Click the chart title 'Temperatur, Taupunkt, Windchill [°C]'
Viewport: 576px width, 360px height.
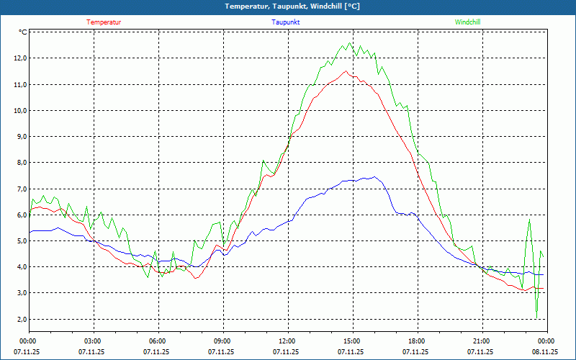tap(292, 6)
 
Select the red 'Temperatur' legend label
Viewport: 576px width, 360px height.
tap(104, 22)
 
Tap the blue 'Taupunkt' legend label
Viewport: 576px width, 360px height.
tap(286, 22)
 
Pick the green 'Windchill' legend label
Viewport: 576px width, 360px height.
tap(467, 22)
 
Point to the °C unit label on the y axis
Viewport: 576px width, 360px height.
tap(23, 32)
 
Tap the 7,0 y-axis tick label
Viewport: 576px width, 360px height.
tap(19, 189)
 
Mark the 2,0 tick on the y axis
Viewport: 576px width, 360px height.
tap(19, 319)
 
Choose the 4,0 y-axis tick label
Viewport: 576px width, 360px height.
tap(19, 267)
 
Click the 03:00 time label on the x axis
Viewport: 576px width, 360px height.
tap(93, 341)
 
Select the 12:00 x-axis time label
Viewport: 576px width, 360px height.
tap(287, 341)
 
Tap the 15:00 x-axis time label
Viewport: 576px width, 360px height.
tap(351, 341)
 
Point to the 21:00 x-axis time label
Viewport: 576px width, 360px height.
tap(481, 341)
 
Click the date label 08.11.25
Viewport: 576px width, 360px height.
tap(545, 352)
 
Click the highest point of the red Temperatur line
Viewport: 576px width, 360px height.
tap(346, 71)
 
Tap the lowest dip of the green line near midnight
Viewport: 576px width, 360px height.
tap(536, 318)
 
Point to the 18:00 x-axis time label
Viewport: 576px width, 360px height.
tap(416, 341)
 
